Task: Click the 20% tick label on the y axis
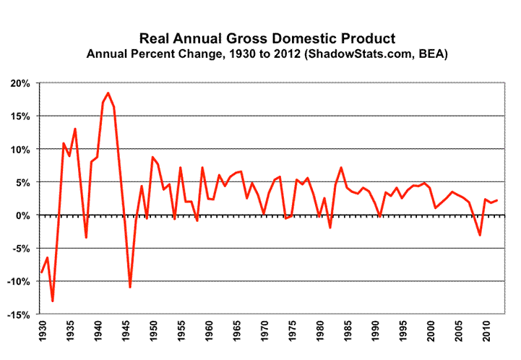[x=20, y=83]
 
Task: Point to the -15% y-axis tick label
[x=19, y=314]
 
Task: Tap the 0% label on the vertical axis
[x=23, y=215]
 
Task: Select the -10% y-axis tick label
[x=19, y=281]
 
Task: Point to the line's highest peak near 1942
[x=108, y=93]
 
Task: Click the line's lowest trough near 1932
[x=53, y=301]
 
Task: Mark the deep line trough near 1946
[x=130, y=287]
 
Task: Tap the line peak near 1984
[x=341, y=168]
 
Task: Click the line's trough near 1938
[x=86, y=238]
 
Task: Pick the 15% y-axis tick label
[x=20, y=116]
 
